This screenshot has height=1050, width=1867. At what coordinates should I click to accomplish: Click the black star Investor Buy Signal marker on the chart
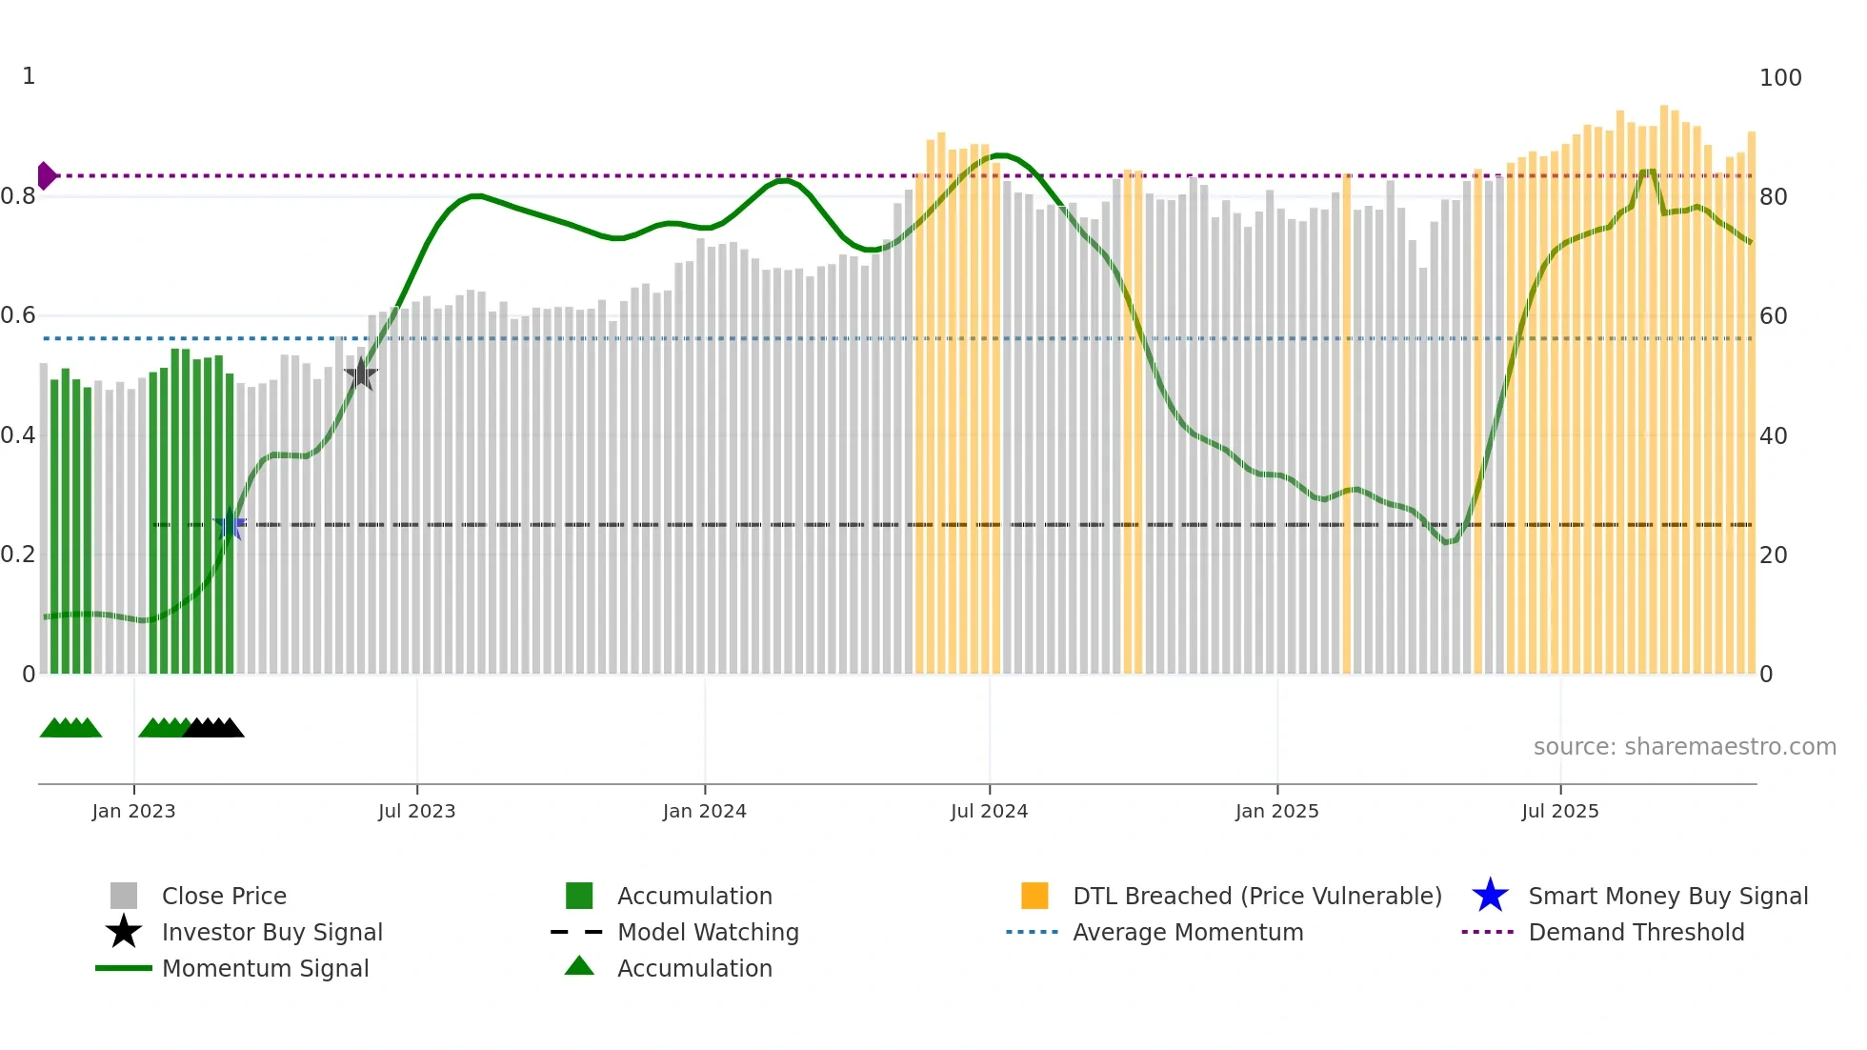coord(361,374)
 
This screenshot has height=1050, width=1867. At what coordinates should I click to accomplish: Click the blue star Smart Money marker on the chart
coord(230,525)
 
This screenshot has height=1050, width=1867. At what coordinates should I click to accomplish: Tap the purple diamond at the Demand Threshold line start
coord(46,176)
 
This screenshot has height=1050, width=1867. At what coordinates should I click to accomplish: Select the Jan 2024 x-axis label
coord(704,811)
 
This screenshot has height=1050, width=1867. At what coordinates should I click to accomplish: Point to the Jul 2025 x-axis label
coord(1559,811)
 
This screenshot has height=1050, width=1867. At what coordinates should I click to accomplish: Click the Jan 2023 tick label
coord(133,811)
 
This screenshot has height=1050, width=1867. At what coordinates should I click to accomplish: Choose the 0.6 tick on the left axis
coord(18,315)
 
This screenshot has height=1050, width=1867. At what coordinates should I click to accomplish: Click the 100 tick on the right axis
coord(1779,78)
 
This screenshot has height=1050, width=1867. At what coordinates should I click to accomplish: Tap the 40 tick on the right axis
coord(1773,436)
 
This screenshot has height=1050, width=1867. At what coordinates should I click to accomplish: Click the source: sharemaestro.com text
coord(1684,747)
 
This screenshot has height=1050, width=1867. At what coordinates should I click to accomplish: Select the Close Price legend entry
coord(224,896)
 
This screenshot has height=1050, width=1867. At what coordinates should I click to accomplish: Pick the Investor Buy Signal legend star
coord(124,932)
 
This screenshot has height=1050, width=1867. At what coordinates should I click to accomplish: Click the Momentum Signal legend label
coord(265,968)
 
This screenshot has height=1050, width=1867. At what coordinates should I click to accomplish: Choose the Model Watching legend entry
coord(707,932)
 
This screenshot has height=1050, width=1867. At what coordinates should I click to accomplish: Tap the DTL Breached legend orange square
coord(1034,896)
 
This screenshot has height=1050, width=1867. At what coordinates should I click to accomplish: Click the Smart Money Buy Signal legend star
coord(1490,896)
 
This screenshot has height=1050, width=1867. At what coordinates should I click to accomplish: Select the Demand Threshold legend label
coord(1636,932)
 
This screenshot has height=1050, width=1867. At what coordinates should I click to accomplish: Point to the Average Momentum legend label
coord(1187,932)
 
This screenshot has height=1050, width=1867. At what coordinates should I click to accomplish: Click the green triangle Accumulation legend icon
coord(579,966)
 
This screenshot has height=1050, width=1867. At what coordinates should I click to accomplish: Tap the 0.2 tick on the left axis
coord(18,555)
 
